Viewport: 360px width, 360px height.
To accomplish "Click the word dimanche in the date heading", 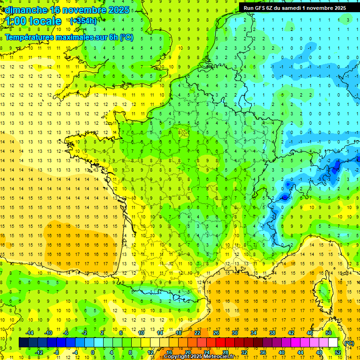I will [26, 10].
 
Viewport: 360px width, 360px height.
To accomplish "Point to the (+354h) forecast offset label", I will [83, 21].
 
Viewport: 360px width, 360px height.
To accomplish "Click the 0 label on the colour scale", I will [93, 352].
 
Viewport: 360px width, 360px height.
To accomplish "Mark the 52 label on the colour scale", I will [337, 352].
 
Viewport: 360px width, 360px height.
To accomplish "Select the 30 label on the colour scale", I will [234, 333].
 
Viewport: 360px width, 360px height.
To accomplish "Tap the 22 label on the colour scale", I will [197, 333].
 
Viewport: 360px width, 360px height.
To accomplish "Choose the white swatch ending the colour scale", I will [333, 342].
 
